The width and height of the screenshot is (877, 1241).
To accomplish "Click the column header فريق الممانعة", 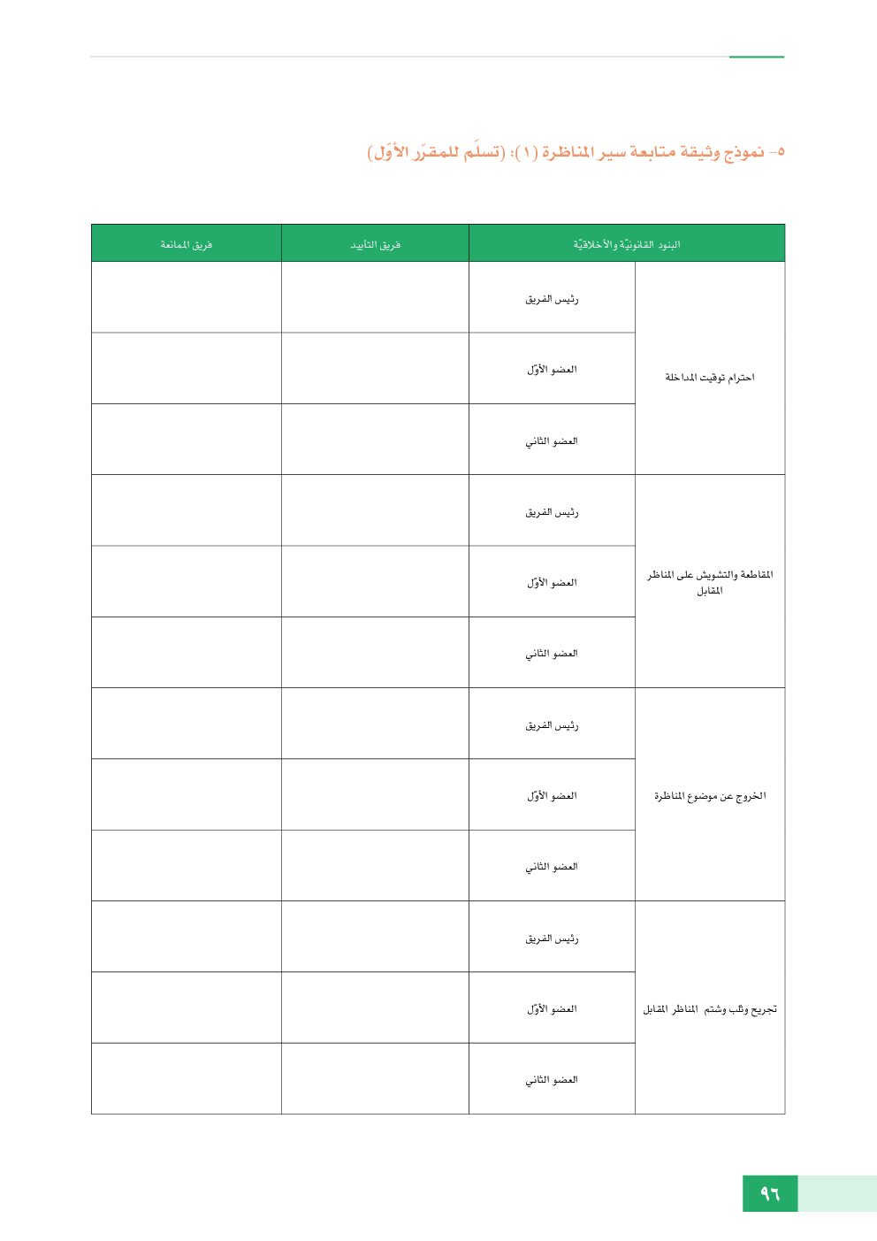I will point(186,245).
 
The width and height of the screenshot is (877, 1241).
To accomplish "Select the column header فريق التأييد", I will point(375,245).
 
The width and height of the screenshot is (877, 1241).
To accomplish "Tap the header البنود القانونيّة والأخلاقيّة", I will point(626,245).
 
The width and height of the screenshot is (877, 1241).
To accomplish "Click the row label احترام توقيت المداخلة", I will point(710,378).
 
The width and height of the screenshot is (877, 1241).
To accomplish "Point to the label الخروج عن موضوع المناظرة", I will point(710,796).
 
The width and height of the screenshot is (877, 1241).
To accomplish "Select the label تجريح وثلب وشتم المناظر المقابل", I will point(710,1009).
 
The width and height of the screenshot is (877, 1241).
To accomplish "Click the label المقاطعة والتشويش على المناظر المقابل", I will point(710,582).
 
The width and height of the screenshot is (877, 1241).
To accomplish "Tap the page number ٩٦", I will point(770,1194).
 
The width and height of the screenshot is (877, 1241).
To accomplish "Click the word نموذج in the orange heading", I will point(744,152).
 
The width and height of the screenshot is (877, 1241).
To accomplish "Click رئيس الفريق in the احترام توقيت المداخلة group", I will point(552,299).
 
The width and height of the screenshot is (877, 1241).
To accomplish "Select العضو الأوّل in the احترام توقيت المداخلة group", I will point(552,370).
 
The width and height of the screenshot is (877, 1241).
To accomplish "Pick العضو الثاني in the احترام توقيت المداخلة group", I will point(552,441).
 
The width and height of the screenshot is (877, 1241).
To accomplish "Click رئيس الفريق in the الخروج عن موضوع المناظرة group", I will point(552,725).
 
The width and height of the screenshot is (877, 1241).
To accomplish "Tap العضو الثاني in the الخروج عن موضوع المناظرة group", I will point(552,867).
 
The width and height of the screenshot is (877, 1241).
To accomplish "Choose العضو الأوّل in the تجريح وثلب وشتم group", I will point(552,1009).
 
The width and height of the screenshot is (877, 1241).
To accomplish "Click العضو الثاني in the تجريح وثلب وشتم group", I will point(552,1080).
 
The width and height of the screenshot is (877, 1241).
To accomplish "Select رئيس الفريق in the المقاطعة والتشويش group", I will point(552,512).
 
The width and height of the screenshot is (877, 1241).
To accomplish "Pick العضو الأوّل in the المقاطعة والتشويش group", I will point(552,583).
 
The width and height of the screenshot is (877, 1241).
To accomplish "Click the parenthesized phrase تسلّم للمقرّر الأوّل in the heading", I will point(437,152).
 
